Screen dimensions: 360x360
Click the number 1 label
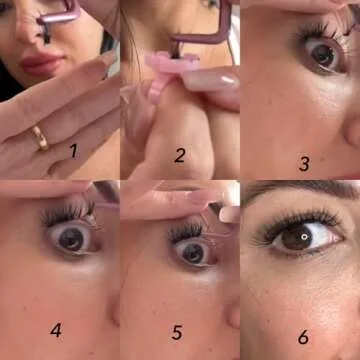click(74, 150)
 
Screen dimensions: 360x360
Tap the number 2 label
click(180, 155)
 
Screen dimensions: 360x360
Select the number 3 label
click(304, 164)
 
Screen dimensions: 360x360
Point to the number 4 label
click(56, 330)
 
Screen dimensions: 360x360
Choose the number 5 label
click(177, 332)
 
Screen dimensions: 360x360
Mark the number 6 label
click(303, 337)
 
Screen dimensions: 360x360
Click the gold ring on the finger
click(40, 138)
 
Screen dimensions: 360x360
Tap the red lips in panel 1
click(41, 63)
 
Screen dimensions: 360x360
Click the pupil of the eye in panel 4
click(71, 238)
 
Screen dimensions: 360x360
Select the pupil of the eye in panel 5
click(193, 253)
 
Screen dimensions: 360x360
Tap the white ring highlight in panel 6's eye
click(304, 237)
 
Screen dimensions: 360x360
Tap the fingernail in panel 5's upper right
click(229, 214)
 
